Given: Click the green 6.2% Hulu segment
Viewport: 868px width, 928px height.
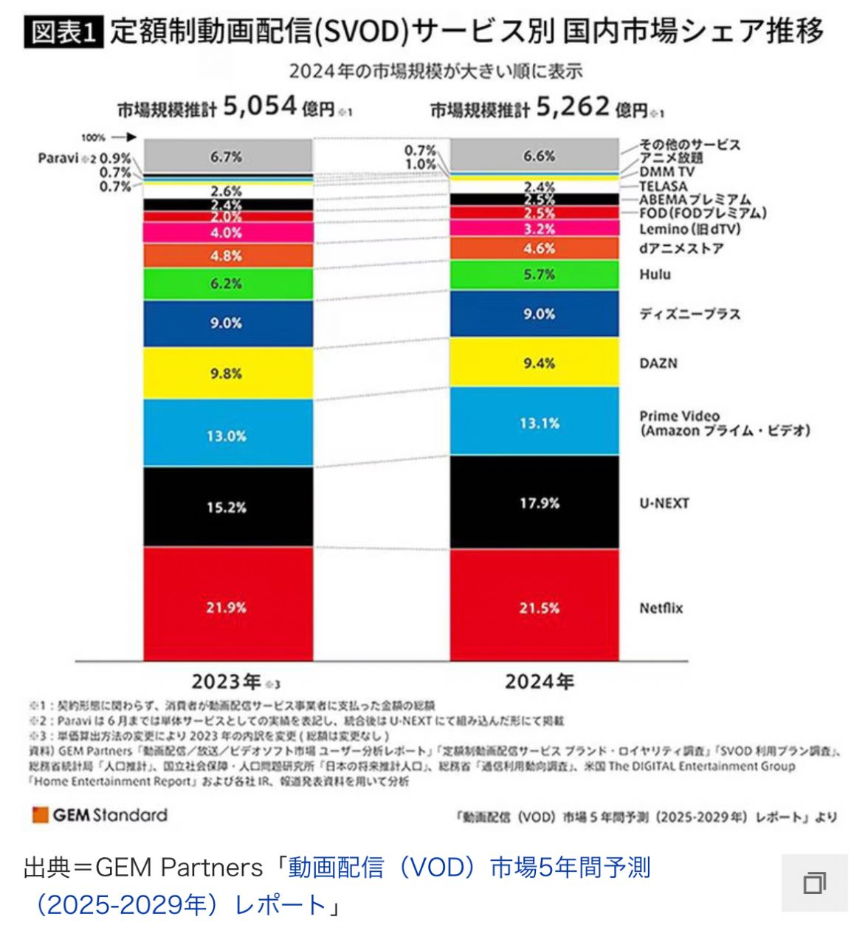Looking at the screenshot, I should pos(227,283).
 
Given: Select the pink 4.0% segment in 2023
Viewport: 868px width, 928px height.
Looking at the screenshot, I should pos(227,233).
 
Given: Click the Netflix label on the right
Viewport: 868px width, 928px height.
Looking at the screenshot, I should pos(661,608).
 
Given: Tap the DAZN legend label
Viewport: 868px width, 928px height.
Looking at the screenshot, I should pos(658,363).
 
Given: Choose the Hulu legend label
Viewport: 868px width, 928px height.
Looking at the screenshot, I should pos(655,275).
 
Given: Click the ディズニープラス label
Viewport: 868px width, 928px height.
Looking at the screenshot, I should pos(689,314).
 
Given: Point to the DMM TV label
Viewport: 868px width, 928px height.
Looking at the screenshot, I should pos(666,172).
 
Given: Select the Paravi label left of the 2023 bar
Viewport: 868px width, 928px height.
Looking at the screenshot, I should pos(58,158).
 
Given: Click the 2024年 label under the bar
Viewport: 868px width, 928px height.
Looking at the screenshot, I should pos(539,681).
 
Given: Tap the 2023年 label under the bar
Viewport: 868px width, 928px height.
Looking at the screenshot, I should pos(227,681).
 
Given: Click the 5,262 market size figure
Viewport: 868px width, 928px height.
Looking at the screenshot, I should pos(573,107).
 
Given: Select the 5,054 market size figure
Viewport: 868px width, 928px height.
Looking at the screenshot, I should pos(260,107).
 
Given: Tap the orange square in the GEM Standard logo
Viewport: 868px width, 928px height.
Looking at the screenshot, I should pos(40,815).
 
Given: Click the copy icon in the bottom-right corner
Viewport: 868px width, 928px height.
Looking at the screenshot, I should pos(814,883).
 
